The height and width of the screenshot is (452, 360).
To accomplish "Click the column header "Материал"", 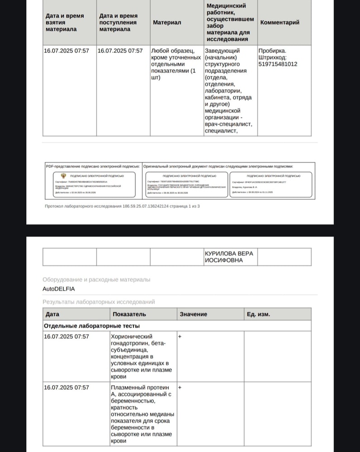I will (x=167, y=23).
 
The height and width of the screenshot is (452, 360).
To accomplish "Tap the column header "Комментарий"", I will (x=280, y=23).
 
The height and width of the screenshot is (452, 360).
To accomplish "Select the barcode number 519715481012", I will (x=278, y=64).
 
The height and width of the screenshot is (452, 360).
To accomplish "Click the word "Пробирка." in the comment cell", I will (x=272, y=51).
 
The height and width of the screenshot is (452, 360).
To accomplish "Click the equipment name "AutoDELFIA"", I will (x=59, y=288).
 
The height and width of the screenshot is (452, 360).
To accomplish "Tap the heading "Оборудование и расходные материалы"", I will (x=96, y=280).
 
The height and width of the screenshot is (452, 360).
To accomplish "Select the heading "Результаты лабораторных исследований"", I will (x=99, y=301).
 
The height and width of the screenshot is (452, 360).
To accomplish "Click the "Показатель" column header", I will (x=129, y=314).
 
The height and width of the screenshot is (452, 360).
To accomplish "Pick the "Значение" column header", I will (x=193, y=314).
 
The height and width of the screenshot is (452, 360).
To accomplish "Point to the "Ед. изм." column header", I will (x=258, y=314).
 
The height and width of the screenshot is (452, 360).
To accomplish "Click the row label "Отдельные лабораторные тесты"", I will (x=92, y=325).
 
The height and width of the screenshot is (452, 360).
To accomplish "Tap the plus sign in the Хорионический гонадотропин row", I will (x=180, y=337).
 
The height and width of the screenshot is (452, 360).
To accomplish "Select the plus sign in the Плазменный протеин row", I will (x=180, y=387).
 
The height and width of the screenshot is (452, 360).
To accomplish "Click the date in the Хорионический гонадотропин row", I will (x=66, y=337).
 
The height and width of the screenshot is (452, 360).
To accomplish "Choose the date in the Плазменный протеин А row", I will (x=66, y=387).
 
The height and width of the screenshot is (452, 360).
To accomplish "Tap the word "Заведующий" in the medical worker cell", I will (x=222, y=51).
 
